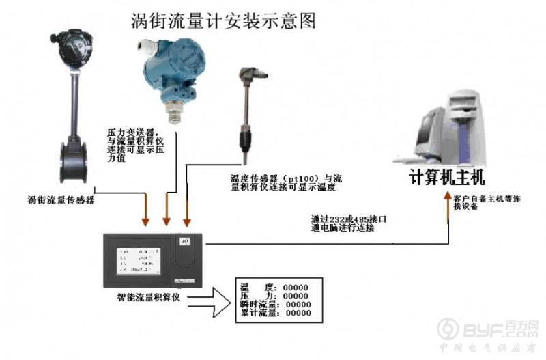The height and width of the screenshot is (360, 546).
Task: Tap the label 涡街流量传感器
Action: (61, 200)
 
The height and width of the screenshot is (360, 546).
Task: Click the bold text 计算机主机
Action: (446, 178)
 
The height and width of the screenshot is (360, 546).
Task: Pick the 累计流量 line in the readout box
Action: (276, 313)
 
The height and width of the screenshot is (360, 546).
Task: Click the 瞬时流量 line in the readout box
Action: (276, 304)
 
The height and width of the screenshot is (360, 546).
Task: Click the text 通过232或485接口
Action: (349, 219)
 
